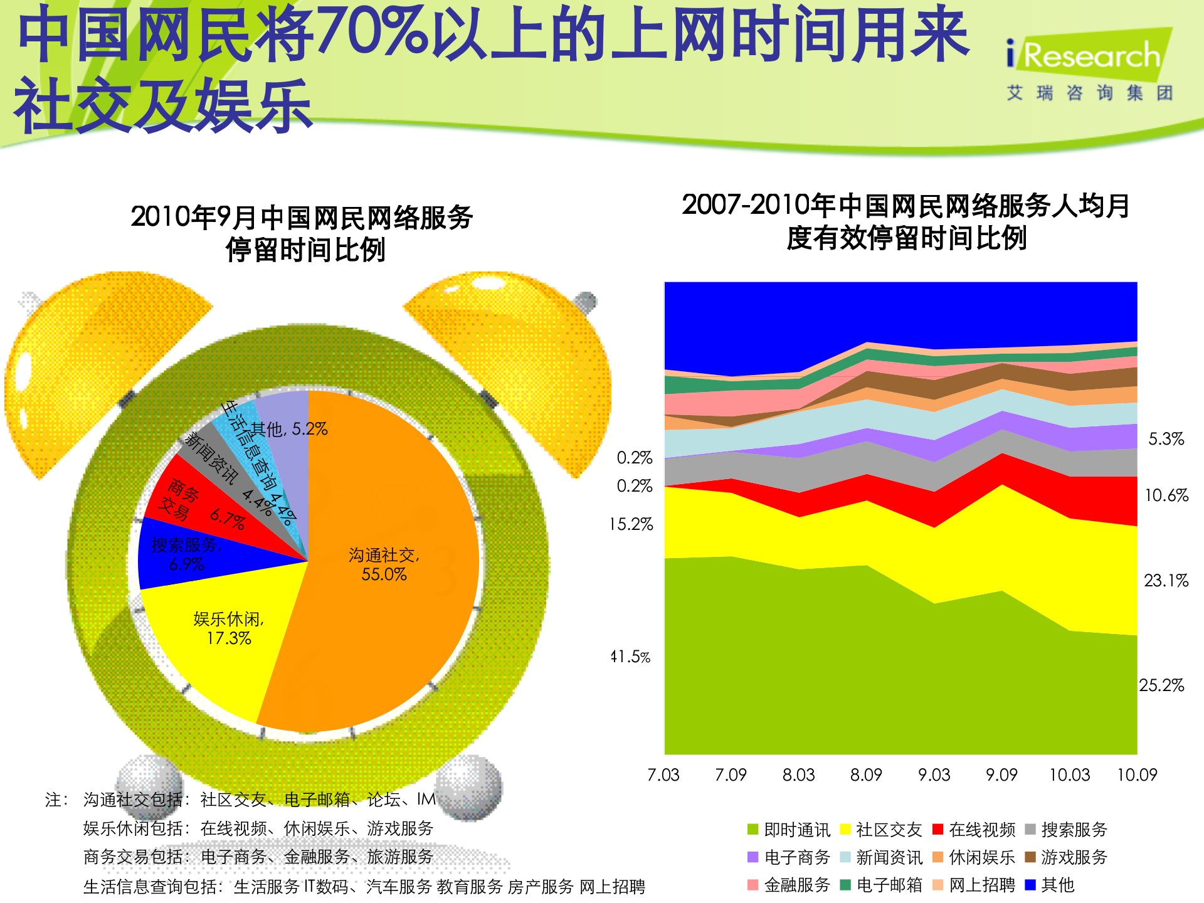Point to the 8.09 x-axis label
click(866, 775)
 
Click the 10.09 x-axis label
click(1136, 775)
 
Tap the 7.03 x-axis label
click(663, 775)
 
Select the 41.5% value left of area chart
click(631, 657)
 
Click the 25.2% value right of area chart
click(1161, 685)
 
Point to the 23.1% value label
click(1166, 581)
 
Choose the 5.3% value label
click(1166, 439)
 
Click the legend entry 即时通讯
click(789, 830)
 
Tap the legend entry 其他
click(1050, 885)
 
